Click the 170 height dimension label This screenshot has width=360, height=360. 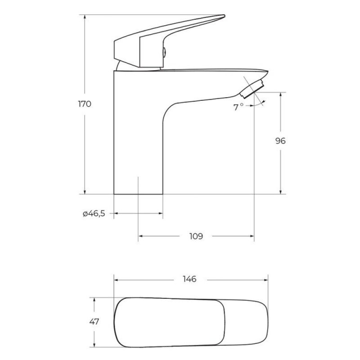click(85, 104)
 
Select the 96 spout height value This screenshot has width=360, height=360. click(280, 141)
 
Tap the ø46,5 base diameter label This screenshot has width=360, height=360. click(94, 213)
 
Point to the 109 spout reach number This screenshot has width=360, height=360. click(196, 236)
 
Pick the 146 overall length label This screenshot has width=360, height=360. click(189, 279)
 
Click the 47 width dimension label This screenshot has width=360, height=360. click(94, 321)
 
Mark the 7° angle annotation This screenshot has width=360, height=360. click(238, 107)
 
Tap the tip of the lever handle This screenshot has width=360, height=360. click(224, 16)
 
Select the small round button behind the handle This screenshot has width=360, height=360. click(164, 53)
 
